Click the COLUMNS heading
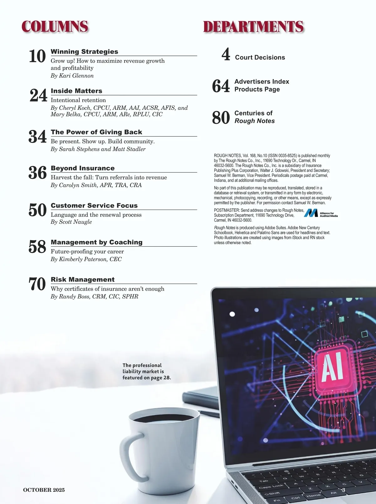(x=55, y=27)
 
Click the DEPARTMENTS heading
(x=253, y=27)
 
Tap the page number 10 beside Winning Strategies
(x=37, y=56)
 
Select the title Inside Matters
(x=76, y=91)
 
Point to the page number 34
(x=38, y=137)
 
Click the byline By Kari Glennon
(x=72, y=76)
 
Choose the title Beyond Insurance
(x=83, y=168)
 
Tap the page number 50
(x=38, y=210)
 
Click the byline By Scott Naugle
(x=71, y=222)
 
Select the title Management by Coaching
(x=97, y=242)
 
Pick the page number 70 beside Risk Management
(x=37, y=284)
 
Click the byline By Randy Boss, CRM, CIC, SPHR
(x=94, y=296)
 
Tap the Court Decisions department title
(x=260, y=57)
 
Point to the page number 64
(x=221, y=86)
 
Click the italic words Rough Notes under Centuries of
(x=254, y=121)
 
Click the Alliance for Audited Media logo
(x=321, y=213)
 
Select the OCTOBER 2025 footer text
(x=44, y=490)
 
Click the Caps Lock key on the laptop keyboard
(x=271, y=486)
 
